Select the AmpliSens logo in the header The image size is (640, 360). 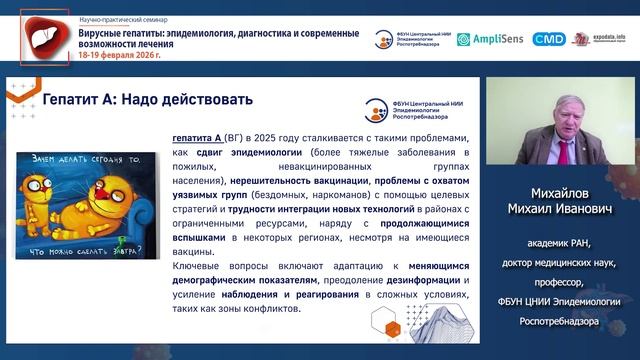click(491, 39)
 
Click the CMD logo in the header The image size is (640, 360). click(549, 39)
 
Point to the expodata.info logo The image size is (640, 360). click(595, 39)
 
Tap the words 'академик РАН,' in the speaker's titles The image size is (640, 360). click(560, 244)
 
